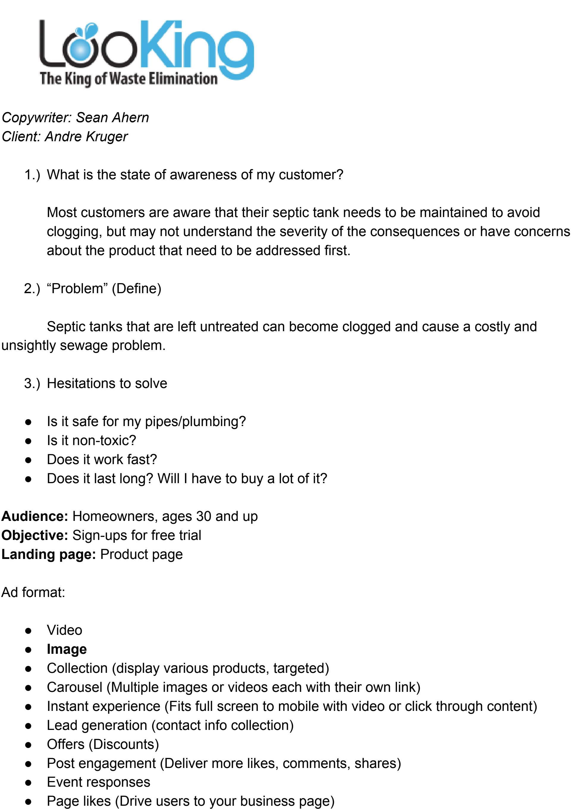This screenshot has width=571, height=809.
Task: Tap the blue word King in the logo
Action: (197, 46)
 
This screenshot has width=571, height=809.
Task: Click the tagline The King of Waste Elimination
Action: (129, 78)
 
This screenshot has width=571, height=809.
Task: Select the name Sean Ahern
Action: (112, 118)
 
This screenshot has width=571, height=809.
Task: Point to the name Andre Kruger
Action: (86, 137)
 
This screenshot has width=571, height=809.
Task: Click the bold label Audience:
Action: (34, 516)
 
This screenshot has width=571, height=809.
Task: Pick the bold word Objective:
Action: (34, 535)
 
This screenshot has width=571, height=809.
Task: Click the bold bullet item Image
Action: (67, 649)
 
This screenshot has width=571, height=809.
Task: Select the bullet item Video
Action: (65, 630)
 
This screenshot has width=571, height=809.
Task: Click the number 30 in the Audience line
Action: (203, 516)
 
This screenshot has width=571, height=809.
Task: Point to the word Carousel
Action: (74, 687)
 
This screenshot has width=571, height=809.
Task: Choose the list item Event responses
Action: (98, 782)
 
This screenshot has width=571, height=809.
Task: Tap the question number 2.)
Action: (32, 289)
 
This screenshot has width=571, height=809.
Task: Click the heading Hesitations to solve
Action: (107, 383)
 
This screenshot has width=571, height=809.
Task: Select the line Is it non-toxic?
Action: (91, 440)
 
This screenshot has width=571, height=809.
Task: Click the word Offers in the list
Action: (65, 744)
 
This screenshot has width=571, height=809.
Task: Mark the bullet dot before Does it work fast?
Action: (29, 460)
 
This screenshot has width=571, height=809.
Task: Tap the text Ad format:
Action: (33, 592)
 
